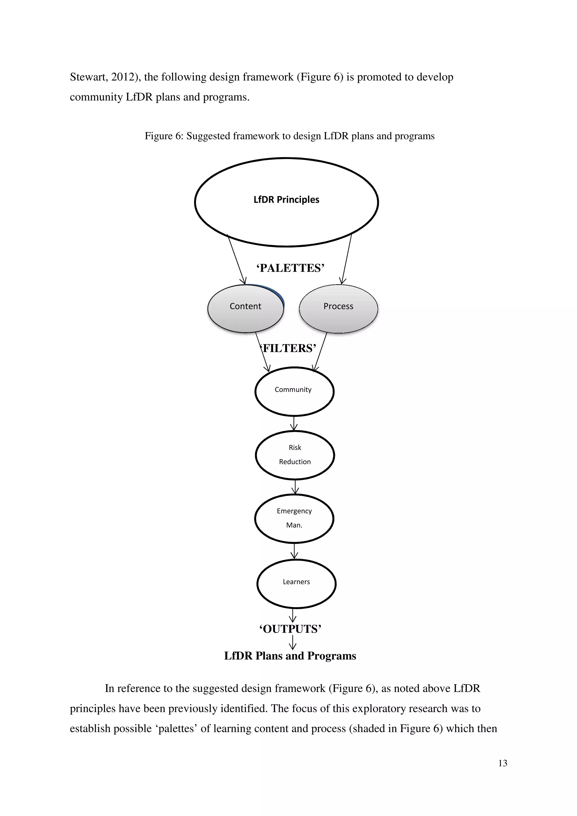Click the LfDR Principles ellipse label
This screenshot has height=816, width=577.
[286, 200]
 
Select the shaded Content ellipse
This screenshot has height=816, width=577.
[245, 309]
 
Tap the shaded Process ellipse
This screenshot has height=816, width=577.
[338, 309]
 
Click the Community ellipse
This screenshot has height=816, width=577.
[294, 392]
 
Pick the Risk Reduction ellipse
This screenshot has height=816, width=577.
[295, 455]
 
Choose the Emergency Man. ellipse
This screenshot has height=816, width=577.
[294, 519]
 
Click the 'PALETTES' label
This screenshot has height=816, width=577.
[290, 268]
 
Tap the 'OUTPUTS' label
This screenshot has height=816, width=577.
[290, 629]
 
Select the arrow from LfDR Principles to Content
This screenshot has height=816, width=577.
[236, 259]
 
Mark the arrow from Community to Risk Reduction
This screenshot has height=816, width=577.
[294, 423]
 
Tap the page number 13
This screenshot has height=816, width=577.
[503, 763]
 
